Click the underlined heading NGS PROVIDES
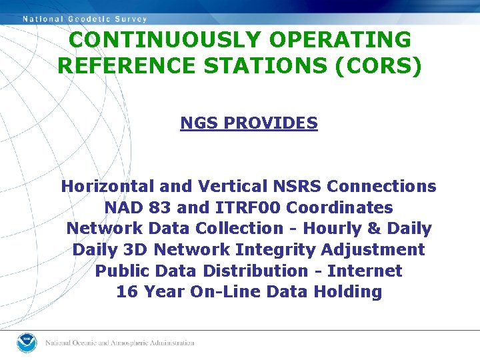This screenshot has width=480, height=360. [249, 123]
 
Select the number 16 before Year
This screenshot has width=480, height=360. [125, 291]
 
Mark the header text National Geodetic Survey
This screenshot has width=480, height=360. [85, 19]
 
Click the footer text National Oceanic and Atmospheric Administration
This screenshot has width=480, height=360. [120, 343]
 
